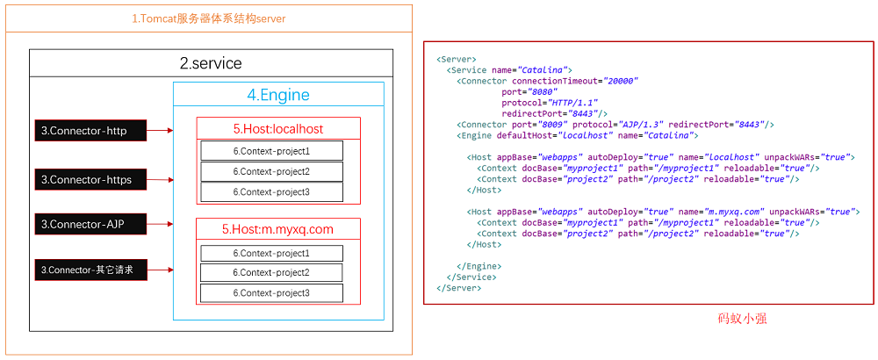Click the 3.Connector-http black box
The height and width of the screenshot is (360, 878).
click(90, 131)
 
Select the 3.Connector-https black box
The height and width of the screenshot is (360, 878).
click(90, 179)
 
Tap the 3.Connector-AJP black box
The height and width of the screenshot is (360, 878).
click(90, 224)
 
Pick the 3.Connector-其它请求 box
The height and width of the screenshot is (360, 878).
click(90, 270)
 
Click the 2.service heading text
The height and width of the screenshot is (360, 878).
click(211, 63)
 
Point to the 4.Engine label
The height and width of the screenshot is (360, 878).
click(278, 95)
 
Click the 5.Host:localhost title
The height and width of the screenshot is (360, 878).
click(278, 129)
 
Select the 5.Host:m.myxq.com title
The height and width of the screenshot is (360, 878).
click(278, 230)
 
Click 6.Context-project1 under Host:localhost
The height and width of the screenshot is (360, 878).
click(271, 151)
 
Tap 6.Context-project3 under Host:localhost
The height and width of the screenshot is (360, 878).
click(271, 192)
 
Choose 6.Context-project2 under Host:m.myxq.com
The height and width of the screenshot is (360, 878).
click(271, 273)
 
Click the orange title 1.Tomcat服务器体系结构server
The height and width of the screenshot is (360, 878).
click(208, 18)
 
